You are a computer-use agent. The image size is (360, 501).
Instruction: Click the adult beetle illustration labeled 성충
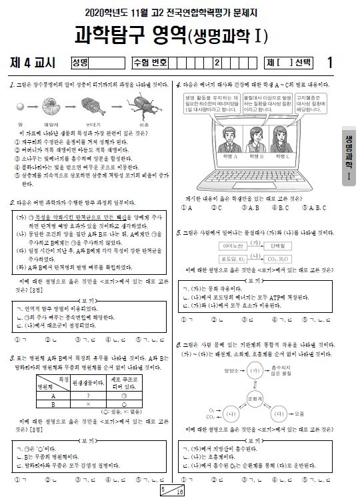(x=145, y=109)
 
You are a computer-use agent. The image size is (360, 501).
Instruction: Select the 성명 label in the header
(x=81, y=63)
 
